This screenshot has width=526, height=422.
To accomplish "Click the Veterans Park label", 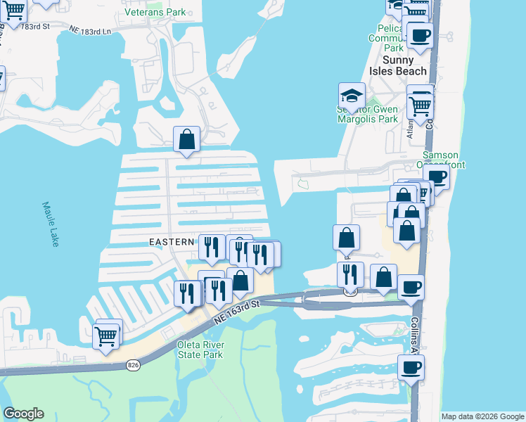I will coord(155,12).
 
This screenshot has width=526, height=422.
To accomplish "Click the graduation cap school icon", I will coord(352,96).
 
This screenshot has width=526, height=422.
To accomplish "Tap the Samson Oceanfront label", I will coord(440,160).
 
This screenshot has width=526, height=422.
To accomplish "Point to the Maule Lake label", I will coord(50,224).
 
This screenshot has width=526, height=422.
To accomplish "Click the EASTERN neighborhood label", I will coord(172,241).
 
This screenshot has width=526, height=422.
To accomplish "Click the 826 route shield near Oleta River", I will coord(133,365).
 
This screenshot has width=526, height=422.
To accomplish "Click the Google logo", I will coord(23,414).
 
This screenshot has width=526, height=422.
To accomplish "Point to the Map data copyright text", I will coord(482,416).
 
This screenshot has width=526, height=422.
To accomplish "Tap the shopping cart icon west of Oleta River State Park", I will coord(105,336).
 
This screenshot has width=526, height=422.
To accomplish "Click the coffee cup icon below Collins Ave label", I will coord(411,366).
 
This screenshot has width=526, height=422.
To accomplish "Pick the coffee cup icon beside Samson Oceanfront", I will coord(436,177).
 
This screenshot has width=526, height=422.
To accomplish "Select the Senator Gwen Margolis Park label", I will coord(367,114).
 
